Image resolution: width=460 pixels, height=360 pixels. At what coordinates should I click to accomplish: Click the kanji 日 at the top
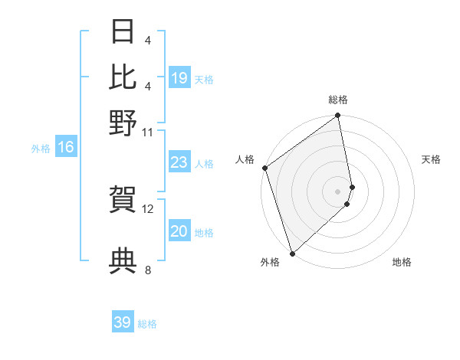click(123, 33)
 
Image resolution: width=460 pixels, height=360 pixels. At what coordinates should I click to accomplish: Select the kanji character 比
click(123, 77)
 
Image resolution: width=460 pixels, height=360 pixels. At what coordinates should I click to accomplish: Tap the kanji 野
click(123, 123)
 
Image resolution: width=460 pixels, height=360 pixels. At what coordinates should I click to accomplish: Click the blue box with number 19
click(179, 78)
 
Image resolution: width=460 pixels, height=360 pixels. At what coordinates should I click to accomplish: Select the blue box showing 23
click(179, 162)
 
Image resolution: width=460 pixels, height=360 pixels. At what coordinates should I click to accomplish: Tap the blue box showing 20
click(179, 231)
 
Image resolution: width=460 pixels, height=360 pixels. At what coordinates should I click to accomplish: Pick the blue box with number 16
click(66, 148)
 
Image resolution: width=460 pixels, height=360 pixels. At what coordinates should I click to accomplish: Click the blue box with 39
click(123, 322)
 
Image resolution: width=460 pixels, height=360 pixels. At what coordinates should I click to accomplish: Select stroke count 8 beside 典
click(148, 270)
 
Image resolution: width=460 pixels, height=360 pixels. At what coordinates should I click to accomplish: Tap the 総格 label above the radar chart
click(338, 100)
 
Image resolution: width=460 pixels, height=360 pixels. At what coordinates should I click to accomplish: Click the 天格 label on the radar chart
click(431, 159)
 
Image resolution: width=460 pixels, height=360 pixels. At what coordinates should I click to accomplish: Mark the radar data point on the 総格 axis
click(338, 116)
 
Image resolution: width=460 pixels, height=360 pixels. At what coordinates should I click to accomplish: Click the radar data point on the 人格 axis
click(264, 168)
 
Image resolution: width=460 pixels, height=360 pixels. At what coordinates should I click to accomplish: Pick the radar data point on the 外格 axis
click(292, 253)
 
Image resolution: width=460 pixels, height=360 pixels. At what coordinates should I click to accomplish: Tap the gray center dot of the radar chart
click(338, 191)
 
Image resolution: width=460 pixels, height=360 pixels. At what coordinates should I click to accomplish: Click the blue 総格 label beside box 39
click(147, 324)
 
